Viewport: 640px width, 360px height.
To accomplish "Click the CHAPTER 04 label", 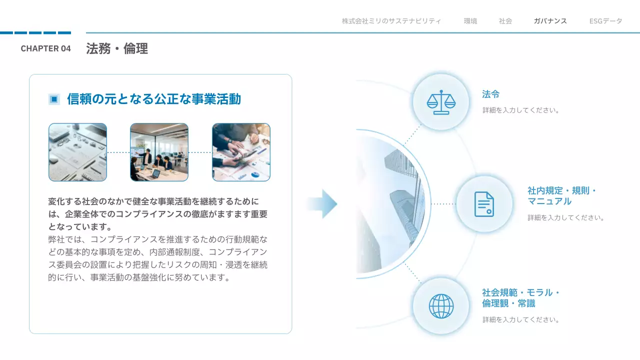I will (45, 48).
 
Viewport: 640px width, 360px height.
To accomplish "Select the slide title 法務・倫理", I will (116, 48).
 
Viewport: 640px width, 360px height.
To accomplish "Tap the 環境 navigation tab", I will (470, 21).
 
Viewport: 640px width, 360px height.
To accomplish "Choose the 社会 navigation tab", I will (505, 21).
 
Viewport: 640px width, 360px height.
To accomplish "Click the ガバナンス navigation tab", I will (550, 21).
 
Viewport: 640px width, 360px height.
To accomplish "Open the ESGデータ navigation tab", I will (605, 21).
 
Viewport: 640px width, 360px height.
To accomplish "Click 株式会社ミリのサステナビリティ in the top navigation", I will (391, 21).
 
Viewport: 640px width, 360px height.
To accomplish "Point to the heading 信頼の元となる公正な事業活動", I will (154, 99).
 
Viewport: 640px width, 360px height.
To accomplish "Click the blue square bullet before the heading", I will (54, 99).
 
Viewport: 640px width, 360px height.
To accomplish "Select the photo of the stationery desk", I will (77, 152).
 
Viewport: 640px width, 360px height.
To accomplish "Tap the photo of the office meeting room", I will (159, 152).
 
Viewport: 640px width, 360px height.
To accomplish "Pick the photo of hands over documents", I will (241, 152).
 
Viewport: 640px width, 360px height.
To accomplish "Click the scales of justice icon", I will (441, 102).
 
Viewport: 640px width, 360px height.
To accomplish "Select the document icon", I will (484, 204).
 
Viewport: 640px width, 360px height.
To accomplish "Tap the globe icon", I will (441, 306).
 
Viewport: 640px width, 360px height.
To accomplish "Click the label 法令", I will (490, 94).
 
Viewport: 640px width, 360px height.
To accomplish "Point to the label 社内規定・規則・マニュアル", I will (562, 196).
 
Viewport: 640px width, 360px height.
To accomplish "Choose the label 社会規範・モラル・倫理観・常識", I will (520, 298).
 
